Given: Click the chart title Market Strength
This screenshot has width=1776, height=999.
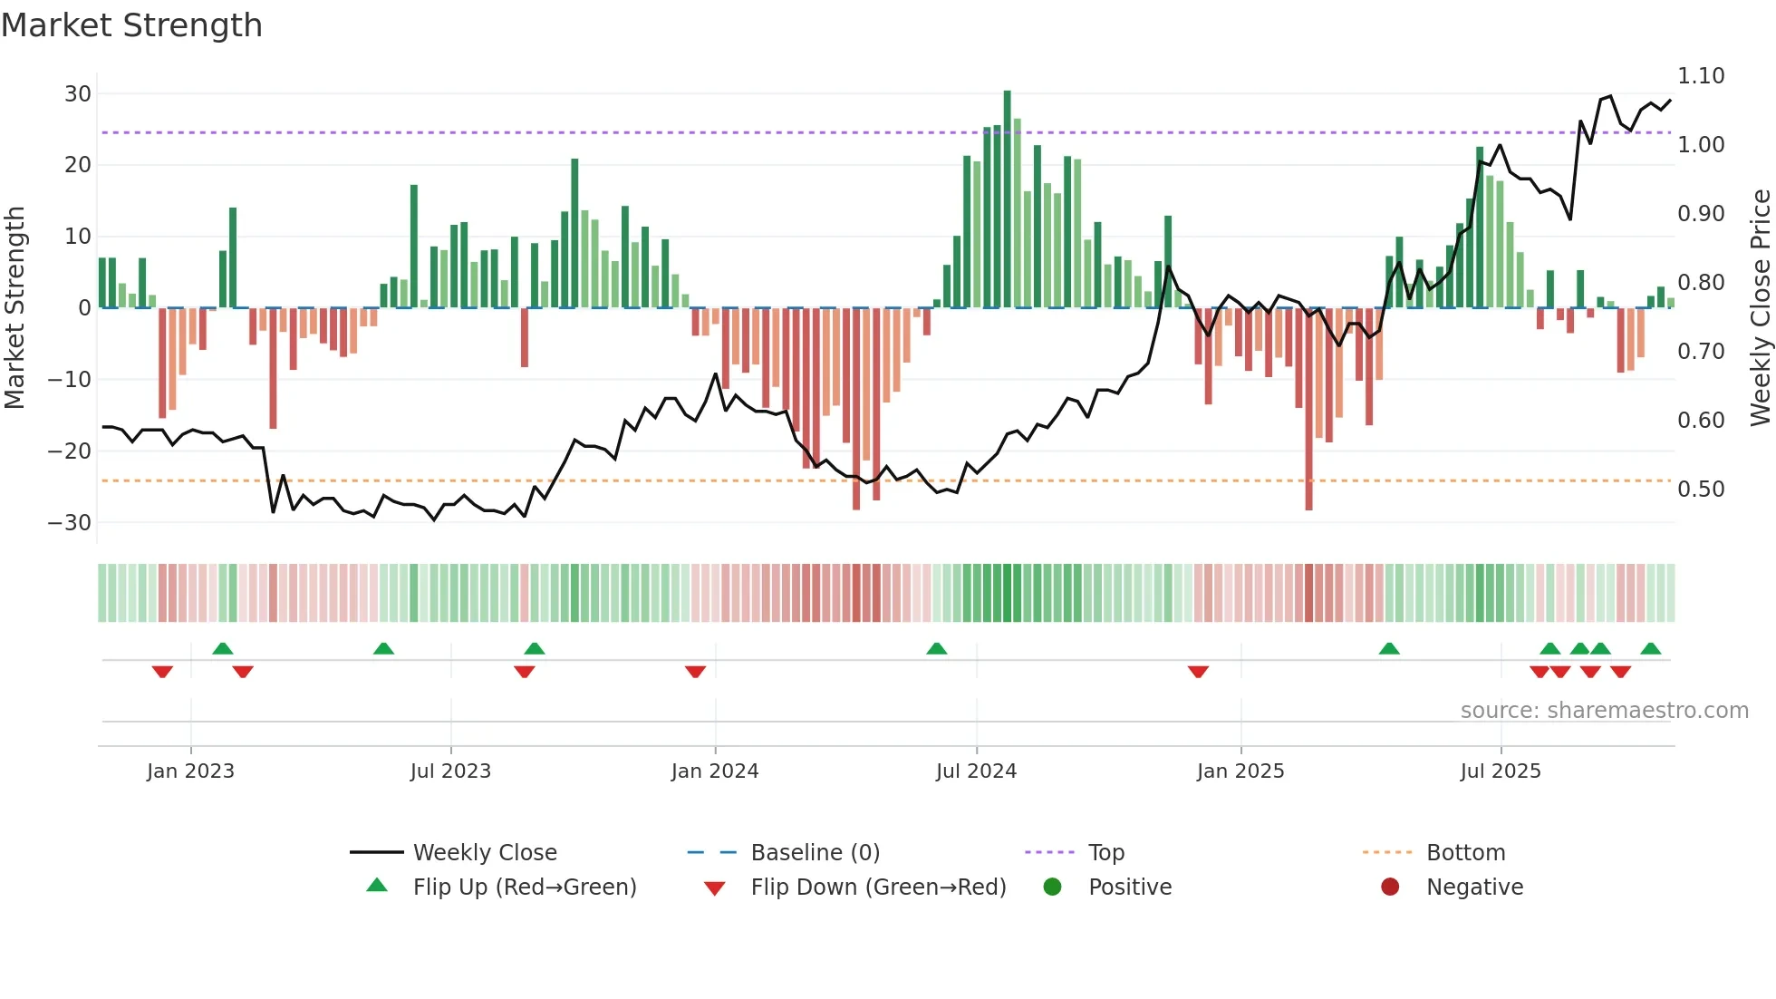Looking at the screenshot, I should coord(131,25).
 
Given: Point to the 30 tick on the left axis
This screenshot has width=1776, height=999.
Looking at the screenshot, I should coord(78,94).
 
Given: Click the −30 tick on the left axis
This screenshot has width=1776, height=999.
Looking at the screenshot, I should coord(70,523).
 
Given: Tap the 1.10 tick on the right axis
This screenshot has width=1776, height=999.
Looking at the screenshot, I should coord(1701,76).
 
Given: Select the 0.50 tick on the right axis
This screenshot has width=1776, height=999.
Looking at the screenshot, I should coord(1701,490).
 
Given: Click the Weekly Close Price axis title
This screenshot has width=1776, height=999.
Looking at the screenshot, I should coord(1760,308).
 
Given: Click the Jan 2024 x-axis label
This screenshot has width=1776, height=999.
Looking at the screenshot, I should coord(715,771).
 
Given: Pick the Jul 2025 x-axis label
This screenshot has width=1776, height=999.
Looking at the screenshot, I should coord(1501,771).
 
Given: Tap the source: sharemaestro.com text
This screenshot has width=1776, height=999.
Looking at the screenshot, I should coord(1604,711).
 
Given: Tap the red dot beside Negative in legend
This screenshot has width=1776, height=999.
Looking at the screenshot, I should coord(1390,887).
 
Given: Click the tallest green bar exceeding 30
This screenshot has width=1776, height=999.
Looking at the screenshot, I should coord(1007,199).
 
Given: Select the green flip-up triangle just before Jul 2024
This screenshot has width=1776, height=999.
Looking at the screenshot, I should coord(937,648).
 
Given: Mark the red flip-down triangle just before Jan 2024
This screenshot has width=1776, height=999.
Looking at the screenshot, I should coord(695,672).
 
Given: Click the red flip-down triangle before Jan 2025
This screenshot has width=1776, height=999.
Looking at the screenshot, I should coord(1198,672).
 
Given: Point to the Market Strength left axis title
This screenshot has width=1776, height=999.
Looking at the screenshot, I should coord(14,308).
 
